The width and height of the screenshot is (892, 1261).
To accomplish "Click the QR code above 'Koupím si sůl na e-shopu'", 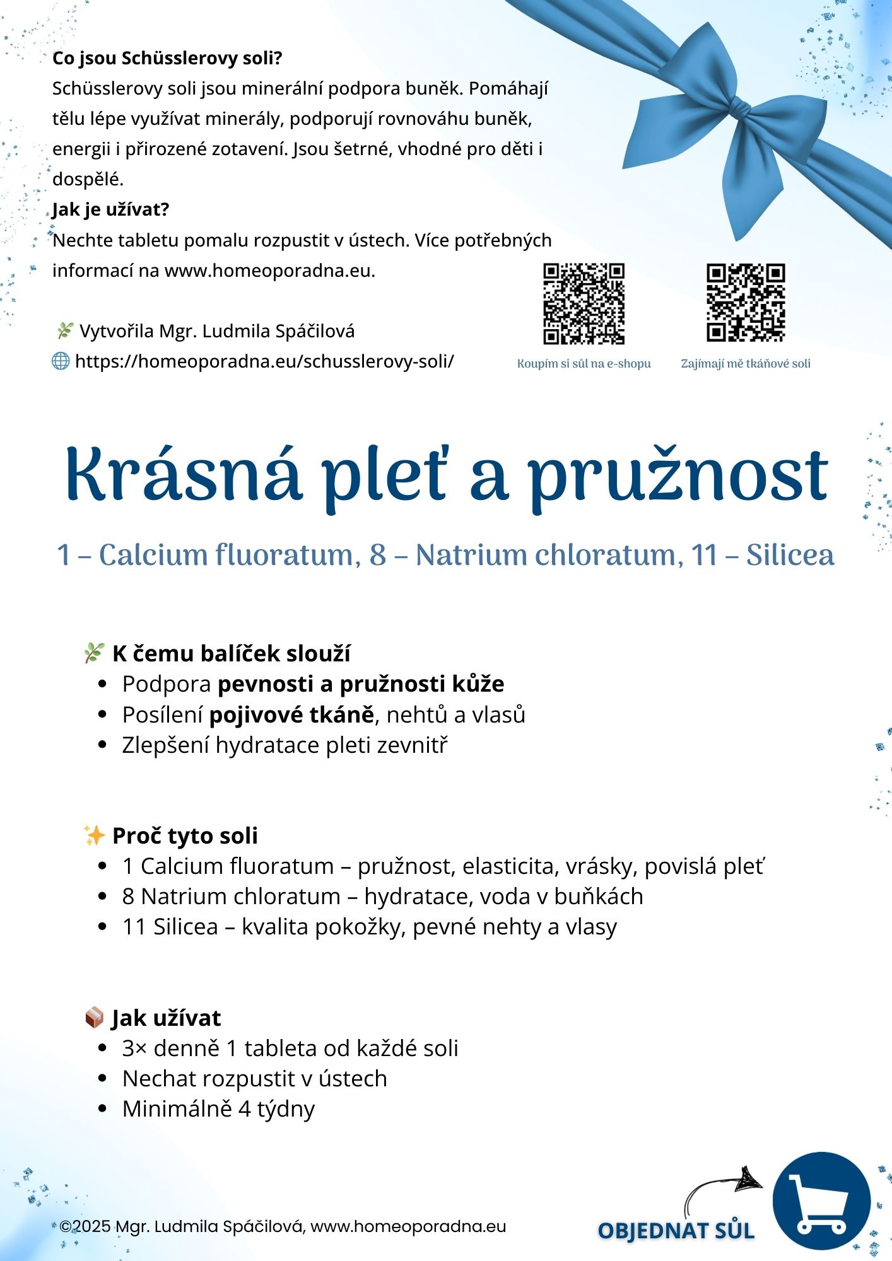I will coord(584,304).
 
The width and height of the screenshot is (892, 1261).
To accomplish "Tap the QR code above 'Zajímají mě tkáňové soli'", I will coord(746,303).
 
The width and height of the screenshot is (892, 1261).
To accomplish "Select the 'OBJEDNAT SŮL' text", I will coord(676,1231).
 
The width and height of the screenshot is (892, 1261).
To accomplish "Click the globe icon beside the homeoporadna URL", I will coord(61,361).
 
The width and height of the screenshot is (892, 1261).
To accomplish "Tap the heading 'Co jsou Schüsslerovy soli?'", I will coord(167,58).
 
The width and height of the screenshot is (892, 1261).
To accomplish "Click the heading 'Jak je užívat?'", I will coord(111,209).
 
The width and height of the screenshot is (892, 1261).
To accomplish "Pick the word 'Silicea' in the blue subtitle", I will coord(790,555).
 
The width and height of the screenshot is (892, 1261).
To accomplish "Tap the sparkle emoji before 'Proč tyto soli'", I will coord(94,835).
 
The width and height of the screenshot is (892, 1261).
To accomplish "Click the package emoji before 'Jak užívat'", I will coord(94,1018).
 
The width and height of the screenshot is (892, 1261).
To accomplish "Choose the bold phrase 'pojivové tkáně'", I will coord(291,714).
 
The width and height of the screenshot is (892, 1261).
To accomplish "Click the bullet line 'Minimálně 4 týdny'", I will coord(218,1108).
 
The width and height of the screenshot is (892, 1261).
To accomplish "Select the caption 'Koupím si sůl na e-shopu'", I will coord(584,364).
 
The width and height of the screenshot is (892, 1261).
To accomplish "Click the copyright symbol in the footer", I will coord(66,1226).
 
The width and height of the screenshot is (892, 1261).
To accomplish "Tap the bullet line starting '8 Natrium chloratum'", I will coord(382,896).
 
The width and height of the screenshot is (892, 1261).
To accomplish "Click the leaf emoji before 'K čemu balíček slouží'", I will coord(93,653).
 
